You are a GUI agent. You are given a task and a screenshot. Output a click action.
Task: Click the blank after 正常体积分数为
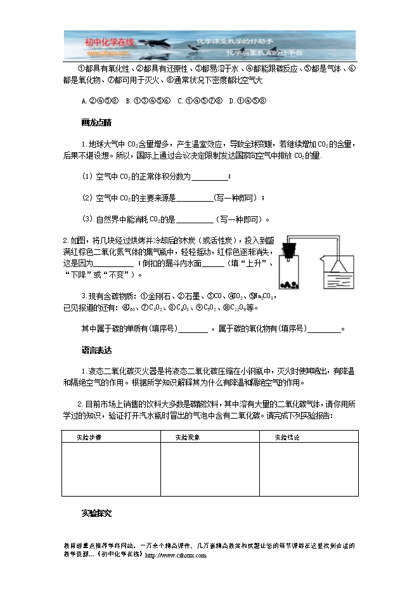pyautogui.click(x=208, y=176)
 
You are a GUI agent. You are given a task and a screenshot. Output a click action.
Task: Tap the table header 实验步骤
pyautogui.click(x=89, y=437)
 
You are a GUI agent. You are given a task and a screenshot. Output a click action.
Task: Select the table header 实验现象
pyautogui.click(x=188, y=437)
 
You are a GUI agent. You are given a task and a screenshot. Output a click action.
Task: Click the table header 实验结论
pyautogui.click(x=287, y=437)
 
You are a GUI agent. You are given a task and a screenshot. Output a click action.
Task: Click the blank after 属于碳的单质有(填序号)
pyautogui.click(x=193, y=329)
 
